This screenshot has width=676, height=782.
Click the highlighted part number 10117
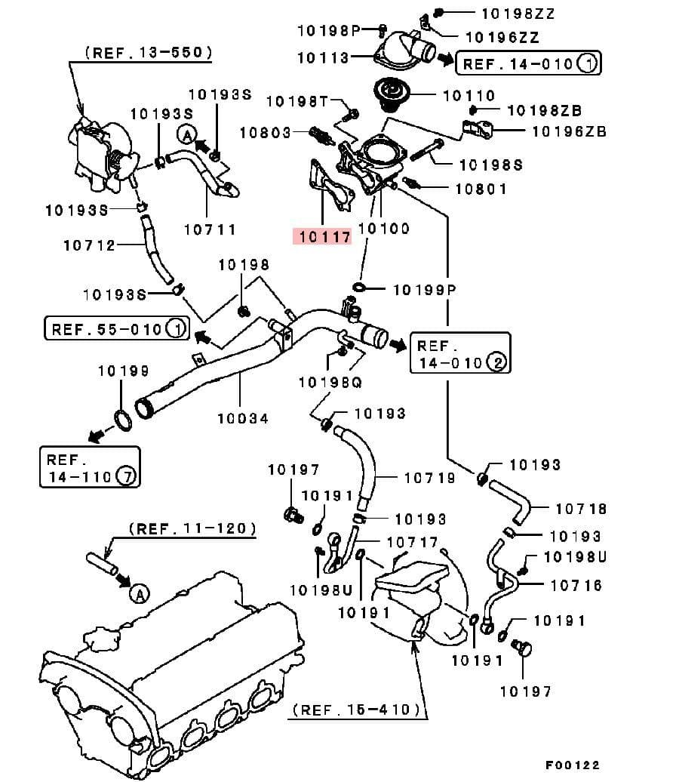pos(324,237)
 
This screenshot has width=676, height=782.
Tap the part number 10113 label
pos(323,58)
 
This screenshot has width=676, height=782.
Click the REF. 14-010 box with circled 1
pos(528,63)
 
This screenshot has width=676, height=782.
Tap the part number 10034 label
pos(242,417)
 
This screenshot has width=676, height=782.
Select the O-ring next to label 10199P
pos(359,288)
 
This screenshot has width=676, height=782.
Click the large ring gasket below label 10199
pos(122,417)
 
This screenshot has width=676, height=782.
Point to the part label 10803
pos(266,133)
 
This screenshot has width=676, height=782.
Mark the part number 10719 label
pos(430,478)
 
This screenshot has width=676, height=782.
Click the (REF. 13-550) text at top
pos(148,53)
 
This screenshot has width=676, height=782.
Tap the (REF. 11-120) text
pos(192,529)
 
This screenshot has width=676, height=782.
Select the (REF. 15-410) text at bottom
pos(356,710)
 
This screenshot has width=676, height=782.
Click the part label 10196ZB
pos(569,131)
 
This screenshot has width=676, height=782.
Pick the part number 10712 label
pos(89,245)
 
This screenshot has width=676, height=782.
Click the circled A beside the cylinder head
pos(138,595)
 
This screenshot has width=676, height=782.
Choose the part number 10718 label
pos(581,510)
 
